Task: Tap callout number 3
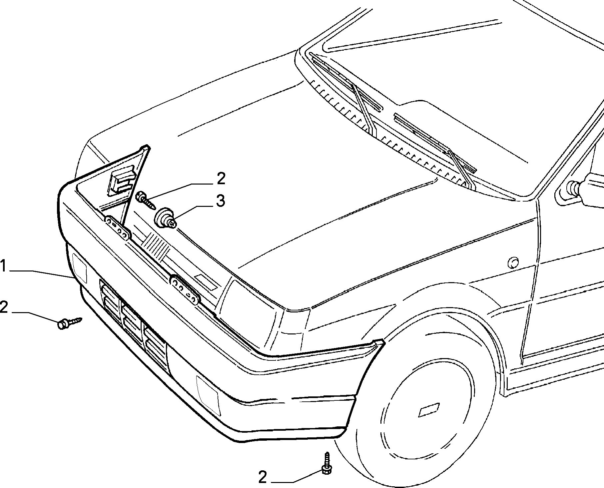click(x=221, y=201)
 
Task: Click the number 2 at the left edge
click(x=4, y=307)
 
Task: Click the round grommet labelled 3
click(x=165, y=218)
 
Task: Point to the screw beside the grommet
click(x=146, y=200)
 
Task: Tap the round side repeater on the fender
click(x=513, y=262)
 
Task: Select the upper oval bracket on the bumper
click(x=117, y=227)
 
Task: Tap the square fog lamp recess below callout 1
click(x=79, y=268)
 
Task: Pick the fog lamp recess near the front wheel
click(x=208, y=396)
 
